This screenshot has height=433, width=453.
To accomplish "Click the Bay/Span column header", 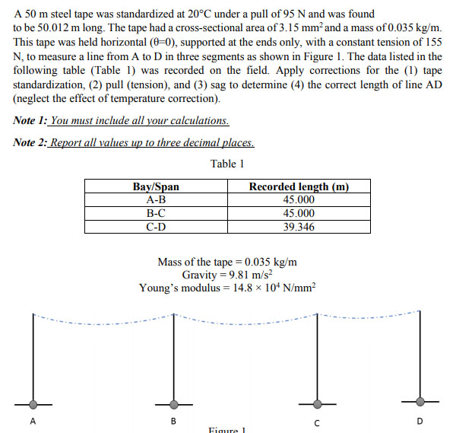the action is point(156,187).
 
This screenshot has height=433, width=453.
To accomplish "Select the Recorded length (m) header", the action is point(299,187).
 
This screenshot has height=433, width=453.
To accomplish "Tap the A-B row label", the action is point(156,200).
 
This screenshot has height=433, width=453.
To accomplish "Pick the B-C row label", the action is point(156,213).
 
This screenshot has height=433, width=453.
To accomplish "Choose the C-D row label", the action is point(156,227).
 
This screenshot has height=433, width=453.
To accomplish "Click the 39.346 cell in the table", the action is point(299,227).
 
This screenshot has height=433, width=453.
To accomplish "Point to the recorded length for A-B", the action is point(299,200).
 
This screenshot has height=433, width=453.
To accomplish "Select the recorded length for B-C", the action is point(299,213).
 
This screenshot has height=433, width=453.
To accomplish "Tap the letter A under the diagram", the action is point(33,421).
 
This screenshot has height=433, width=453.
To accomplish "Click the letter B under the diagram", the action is point(173,421).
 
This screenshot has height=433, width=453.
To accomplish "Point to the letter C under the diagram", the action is point(317,422).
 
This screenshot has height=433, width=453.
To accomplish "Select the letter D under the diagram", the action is point(420,421).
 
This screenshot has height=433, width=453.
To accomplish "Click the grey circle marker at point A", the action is point(33,403).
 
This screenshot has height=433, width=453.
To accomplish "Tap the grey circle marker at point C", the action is point(318,403).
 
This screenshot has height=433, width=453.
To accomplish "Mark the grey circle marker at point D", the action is point(420,401).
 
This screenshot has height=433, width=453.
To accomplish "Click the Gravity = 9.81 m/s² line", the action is point(227,275).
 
